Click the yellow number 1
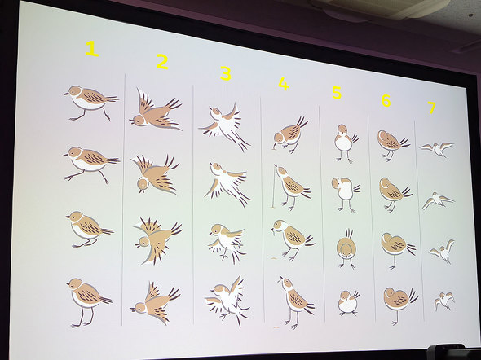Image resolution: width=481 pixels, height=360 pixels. click(x=92, y=49)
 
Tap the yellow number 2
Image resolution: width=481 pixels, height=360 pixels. click(x=162, y=61)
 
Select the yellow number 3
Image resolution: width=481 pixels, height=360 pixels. click(x=226, y=74)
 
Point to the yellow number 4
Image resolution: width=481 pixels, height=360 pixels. click(x=284, y=84)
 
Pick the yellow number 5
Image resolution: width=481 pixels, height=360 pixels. click(x=337, y=93)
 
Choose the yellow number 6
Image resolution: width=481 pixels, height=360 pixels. click(x=386, y=100)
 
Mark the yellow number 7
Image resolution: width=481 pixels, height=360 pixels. click(x=431, y=108)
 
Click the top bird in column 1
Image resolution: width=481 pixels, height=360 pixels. click(x=90, y=103)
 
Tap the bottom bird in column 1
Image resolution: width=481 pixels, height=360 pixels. click(x=89, y=302)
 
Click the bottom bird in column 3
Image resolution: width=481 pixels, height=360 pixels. click(x=227, y=301)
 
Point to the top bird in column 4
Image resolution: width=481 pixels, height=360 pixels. click(x=289, y=134)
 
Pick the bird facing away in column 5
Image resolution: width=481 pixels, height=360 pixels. click(x=346, y=248)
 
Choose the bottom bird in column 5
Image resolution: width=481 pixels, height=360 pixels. click(x=348, y=303)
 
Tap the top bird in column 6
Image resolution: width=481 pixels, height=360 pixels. click(x=392, y=144)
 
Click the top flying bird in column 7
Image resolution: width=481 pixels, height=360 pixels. click(x=436, y=149)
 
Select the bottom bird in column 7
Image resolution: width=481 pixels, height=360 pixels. click(x=443, y=301)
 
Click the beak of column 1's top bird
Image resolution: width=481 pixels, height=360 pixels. click(x=66, y=94)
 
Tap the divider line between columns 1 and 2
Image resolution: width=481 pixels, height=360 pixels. click(x=123, y=200)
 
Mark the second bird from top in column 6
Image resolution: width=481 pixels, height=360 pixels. click(x=395, y=194)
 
